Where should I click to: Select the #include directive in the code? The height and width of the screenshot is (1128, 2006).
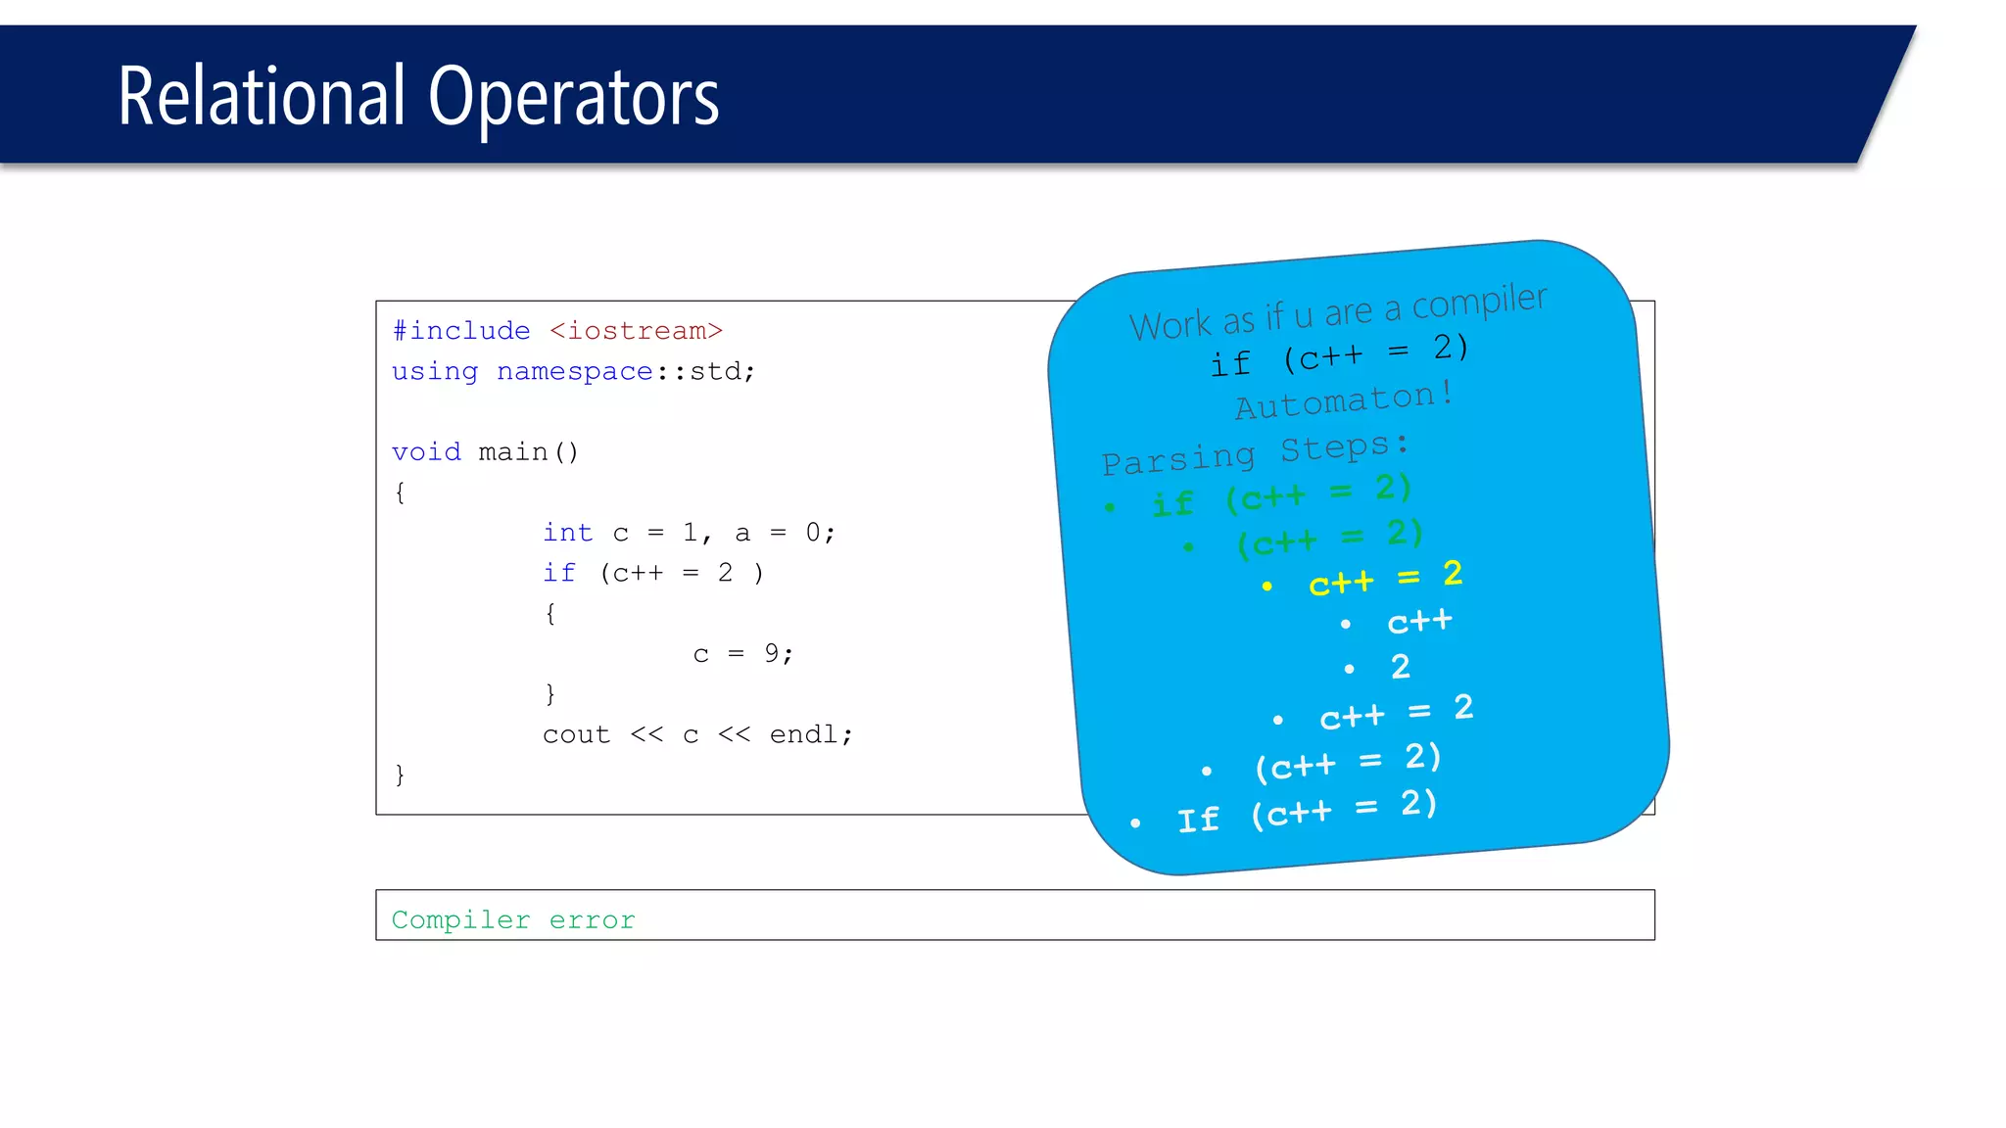click(460, 331)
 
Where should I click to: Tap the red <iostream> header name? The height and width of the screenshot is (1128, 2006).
click(636, 331)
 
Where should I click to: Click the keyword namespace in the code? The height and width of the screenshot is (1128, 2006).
click(574, 372)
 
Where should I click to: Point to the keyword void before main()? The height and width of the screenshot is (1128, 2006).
click(426, 452)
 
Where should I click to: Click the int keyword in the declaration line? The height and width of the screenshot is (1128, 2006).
click(567, 533)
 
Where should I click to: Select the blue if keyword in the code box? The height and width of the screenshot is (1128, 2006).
click(559, 573)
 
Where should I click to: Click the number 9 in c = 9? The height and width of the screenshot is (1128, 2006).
click(772, 653)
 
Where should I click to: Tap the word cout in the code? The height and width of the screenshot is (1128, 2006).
click(576, 734)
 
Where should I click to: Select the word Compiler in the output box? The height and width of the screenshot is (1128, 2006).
click(460, 920)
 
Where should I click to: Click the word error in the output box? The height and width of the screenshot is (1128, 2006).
click(592, 920)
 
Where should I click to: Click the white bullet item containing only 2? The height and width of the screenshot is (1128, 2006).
click(1401, 667)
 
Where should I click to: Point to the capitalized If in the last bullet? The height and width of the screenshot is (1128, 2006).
click(1198, 820)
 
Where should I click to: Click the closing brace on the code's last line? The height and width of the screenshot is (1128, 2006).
click(400, 775)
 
